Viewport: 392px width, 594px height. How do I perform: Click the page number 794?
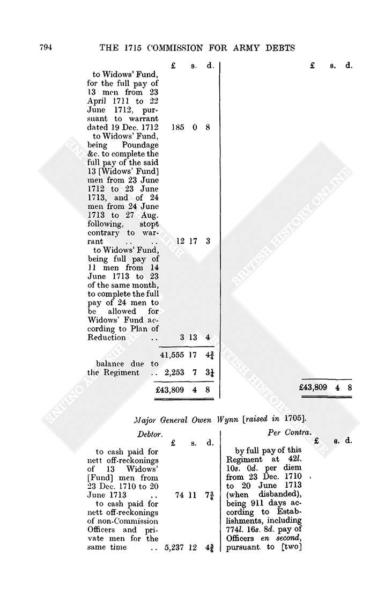46,48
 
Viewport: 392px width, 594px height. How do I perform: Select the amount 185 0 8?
190,127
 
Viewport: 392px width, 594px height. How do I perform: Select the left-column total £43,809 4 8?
185,390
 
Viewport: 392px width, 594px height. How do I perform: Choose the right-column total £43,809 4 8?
326,387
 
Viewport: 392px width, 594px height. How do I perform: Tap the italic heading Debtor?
150,435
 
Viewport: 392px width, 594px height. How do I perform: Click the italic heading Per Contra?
290,432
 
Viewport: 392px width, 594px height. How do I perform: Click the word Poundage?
140,145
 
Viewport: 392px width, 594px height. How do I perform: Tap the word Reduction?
107,338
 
